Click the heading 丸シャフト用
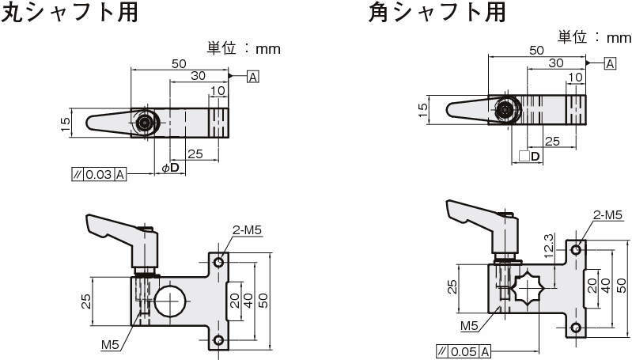[70, 13]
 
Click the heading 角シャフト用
[436, 13]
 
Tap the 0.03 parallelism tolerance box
[99, 175]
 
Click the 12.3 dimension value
[549, 243]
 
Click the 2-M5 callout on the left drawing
[247, 230]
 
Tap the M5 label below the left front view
[110, 344]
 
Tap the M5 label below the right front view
[469, 326]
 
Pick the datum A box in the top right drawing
[610, 63]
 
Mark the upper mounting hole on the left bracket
[219, 262]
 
